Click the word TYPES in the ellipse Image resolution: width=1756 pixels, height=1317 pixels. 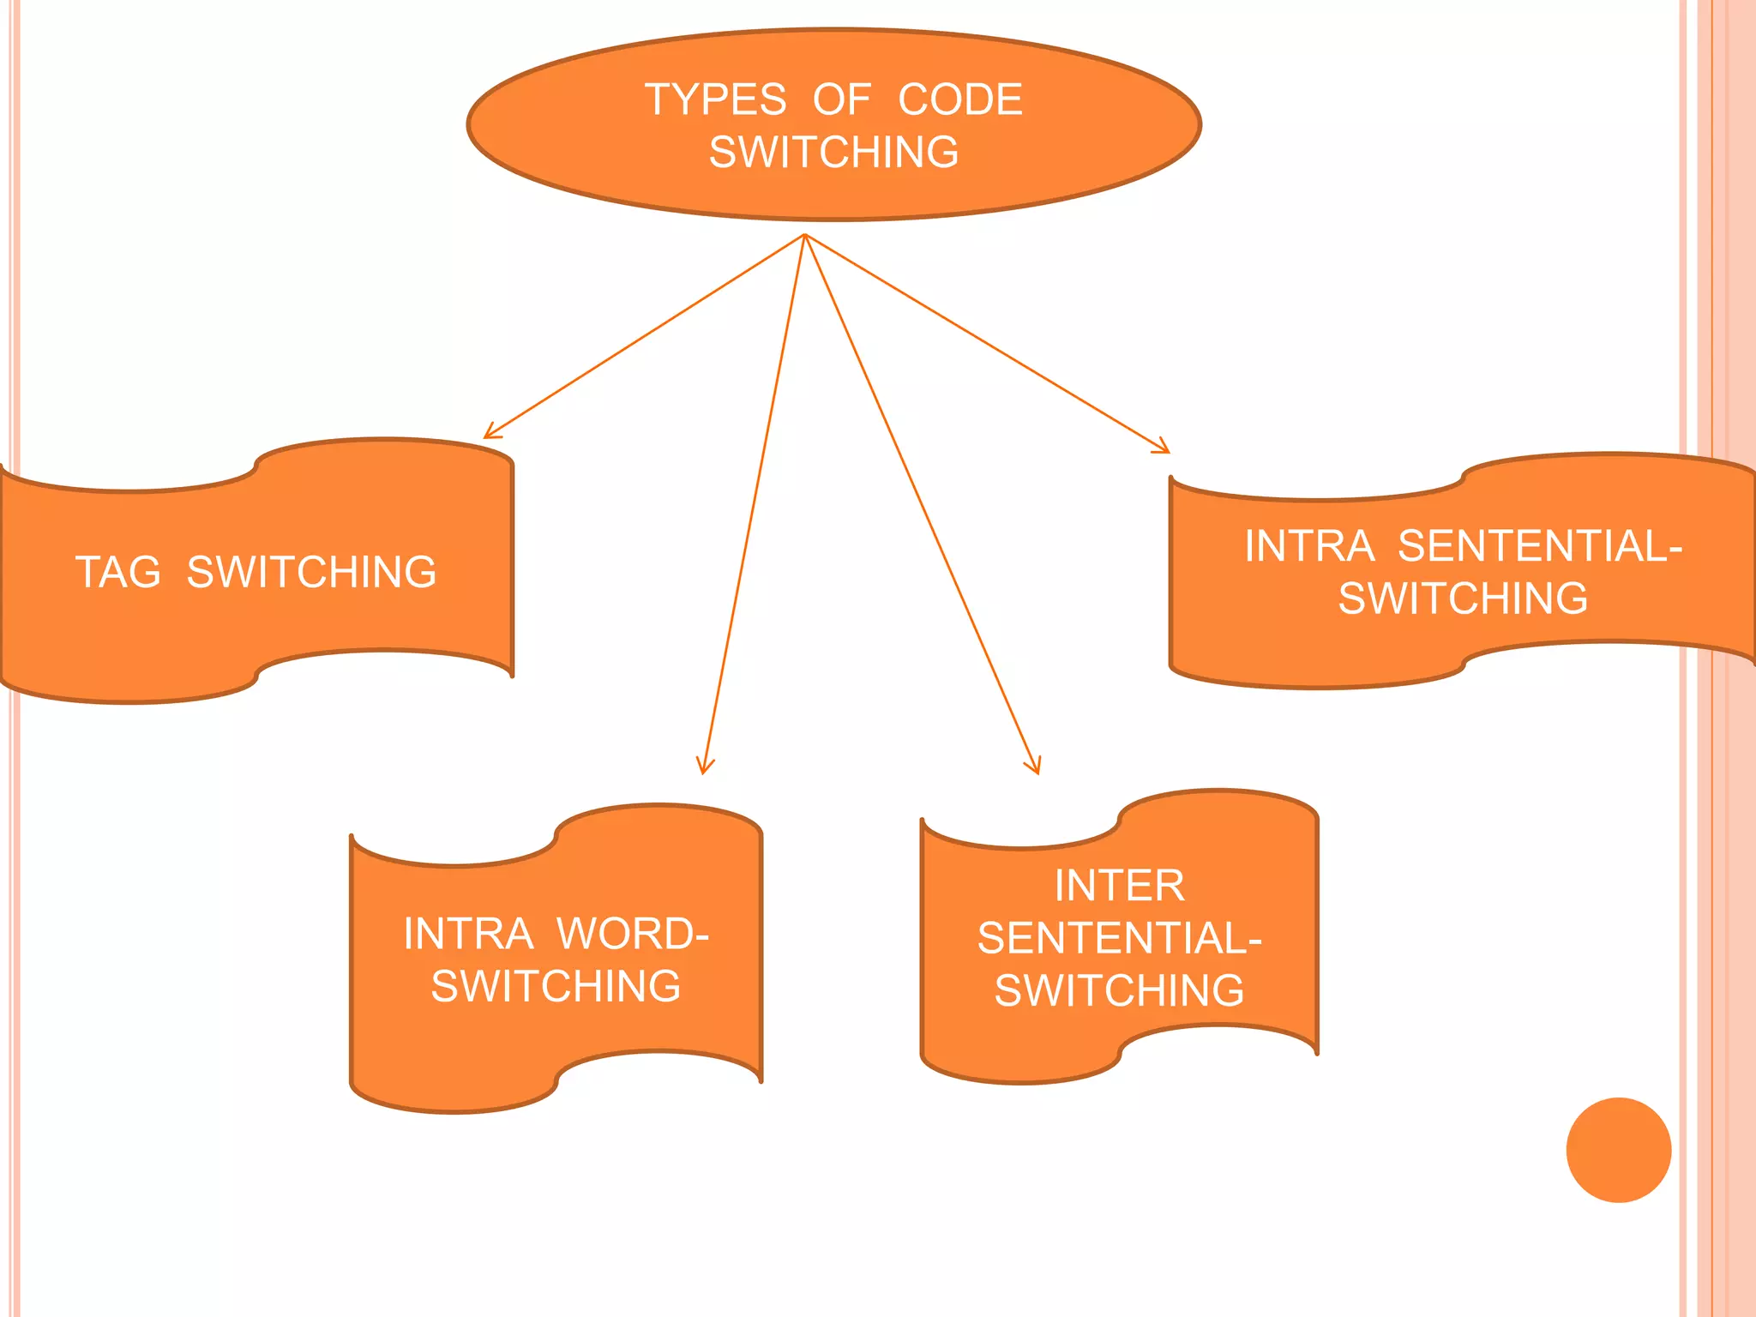coord(715,99)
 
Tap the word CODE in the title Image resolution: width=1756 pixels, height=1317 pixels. coord(959,99)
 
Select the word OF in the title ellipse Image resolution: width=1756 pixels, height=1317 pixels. coord(841,99)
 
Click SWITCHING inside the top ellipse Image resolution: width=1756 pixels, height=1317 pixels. coord(833,153)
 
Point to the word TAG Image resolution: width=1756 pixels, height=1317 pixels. coord(118,572)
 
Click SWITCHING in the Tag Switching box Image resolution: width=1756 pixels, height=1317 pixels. coord(311,572)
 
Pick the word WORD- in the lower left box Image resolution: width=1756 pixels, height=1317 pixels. coord(633,934)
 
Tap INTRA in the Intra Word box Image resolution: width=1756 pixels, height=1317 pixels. coord(468,934)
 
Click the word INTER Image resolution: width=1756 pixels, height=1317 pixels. coord(1119,886)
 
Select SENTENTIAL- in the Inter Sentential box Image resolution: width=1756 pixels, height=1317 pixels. coord(1119,938)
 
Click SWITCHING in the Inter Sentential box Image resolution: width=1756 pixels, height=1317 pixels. coord(1119,990)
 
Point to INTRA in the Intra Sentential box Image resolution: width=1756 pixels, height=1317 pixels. coord(1309,546)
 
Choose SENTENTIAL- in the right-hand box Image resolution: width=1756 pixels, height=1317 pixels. coord(1540,546)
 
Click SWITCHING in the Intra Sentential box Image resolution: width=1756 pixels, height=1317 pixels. coord(1463,598)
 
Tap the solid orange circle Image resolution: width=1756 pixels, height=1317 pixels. coord(1618,1150)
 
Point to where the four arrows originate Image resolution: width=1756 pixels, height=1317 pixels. coord(804,235)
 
